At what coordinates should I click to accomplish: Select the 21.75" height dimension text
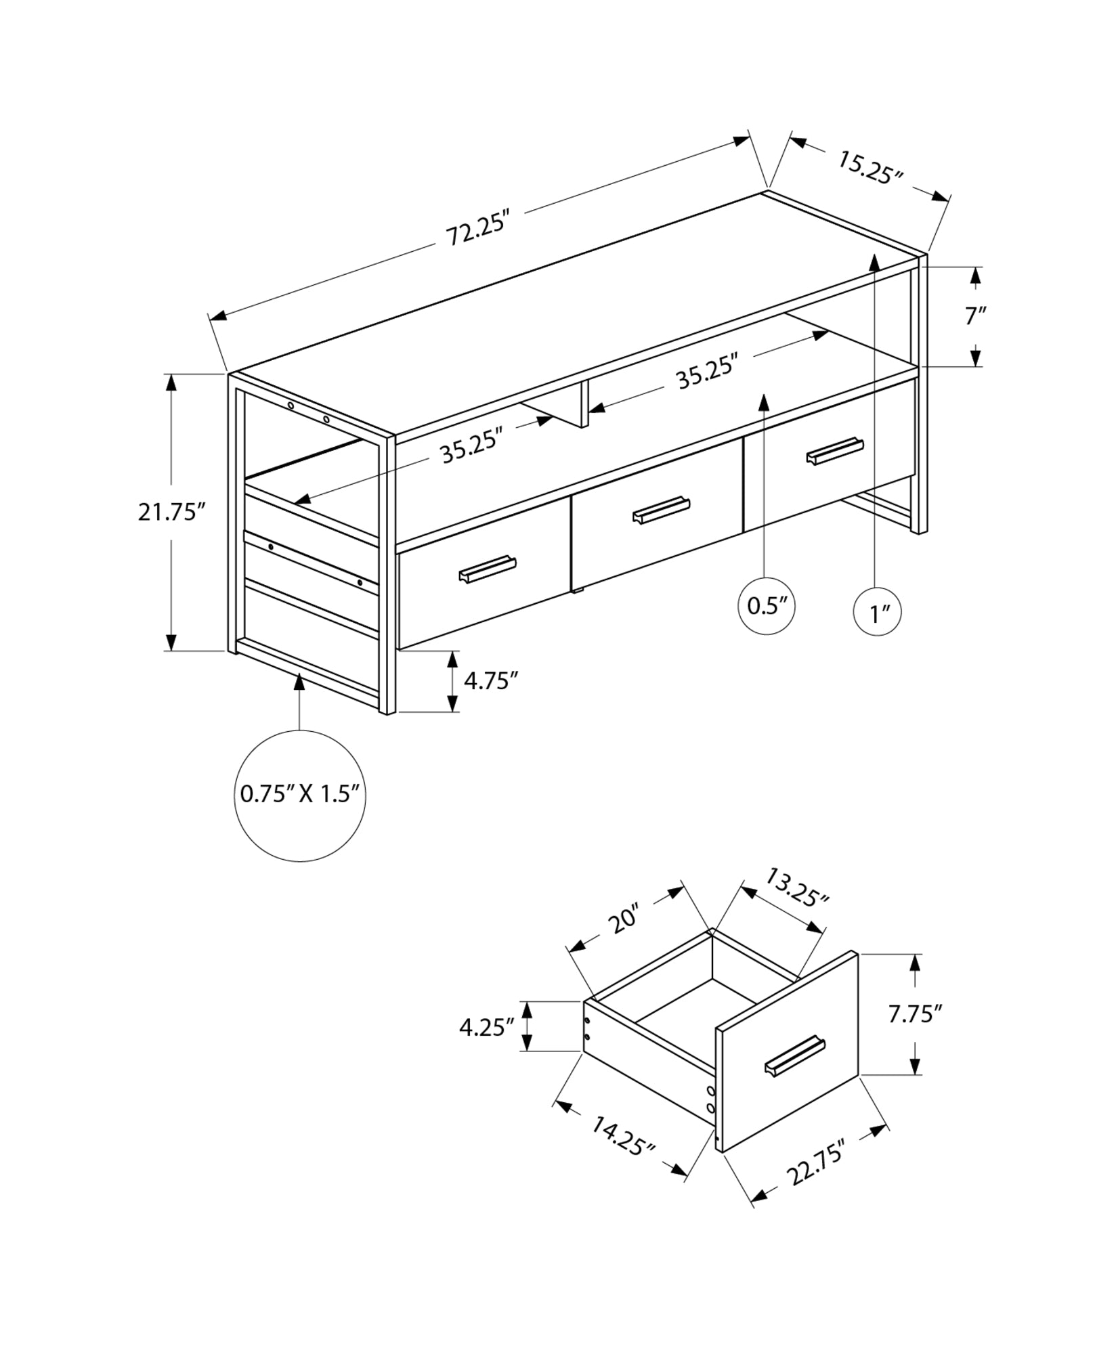171,512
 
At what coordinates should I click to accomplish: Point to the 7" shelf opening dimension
974,315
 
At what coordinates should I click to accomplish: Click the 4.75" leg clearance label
491,680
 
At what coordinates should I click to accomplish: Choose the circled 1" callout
878,613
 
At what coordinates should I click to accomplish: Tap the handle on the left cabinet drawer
488,569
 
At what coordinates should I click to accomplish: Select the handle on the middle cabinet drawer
661,510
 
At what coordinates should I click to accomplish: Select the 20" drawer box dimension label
624,919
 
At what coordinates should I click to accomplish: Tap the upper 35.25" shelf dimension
706,374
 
